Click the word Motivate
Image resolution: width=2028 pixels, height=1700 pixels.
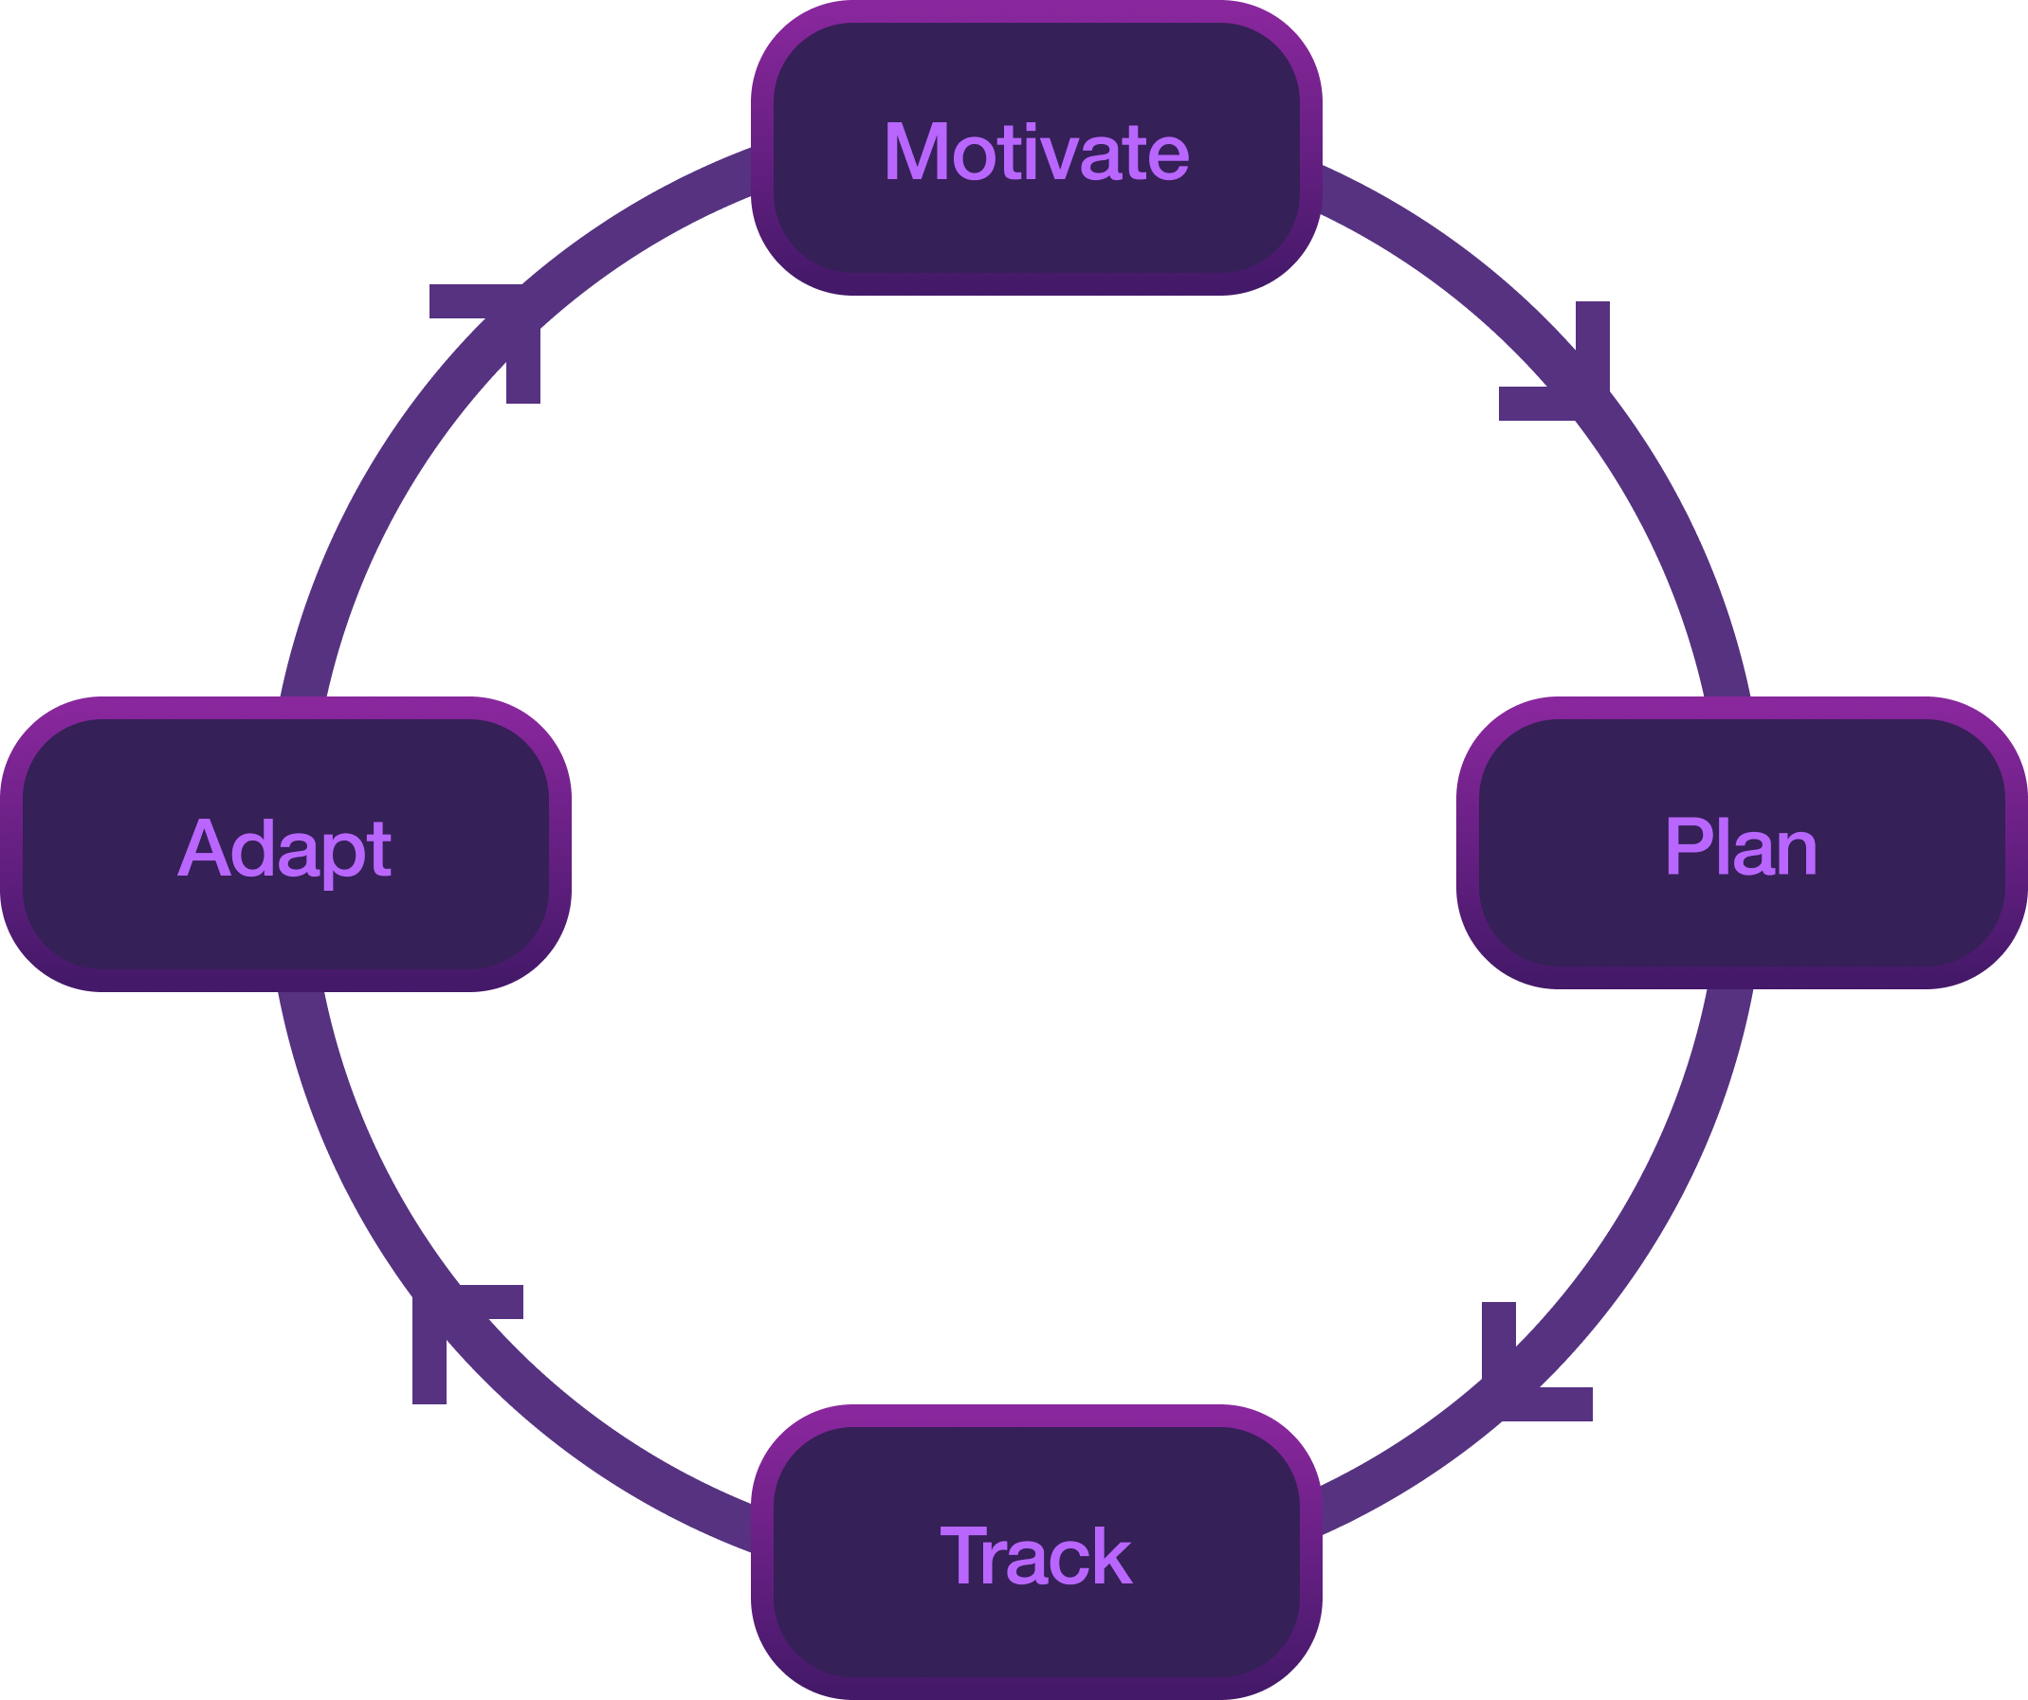pyautogui.click(x=1036, y=152)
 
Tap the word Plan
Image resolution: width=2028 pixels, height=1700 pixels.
pyautogui.click(x=1740, y=846)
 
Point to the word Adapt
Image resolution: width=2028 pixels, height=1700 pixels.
pyautogui.click(x=284, y=847)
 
